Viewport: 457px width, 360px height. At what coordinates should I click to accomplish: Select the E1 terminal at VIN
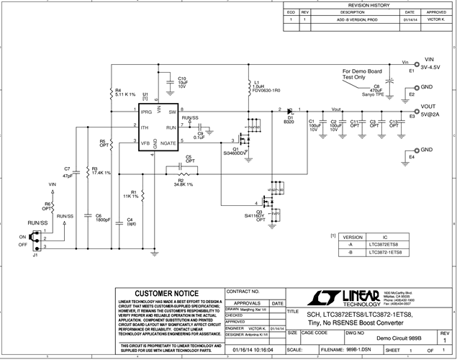(412, 71)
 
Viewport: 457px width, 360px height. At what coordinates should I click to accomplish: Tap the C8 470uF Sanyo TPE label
(376, 89)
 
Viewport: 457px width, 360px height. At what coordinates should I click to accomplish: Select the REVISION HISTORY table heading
(368, 5)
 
